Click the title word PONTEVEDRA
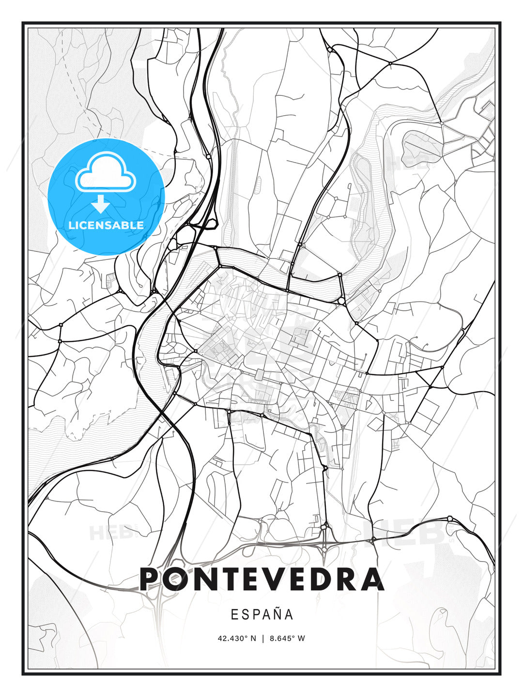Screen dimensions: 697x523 [261, 579]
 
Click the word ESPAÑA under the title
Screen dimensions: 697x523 [261, 614]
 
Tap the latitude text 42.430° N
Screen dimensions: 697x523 [237, 638]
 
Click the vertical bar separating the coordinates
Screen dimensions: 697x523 [262, 638]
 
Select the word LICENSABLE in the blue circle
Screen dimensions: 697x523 [106, 225]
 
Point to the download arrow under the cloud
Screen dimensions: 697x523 [101, 204]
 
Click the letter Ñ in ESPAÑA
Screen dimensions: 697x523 [277, 614]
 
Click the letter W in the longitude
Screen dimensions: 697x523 [302, 638]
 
